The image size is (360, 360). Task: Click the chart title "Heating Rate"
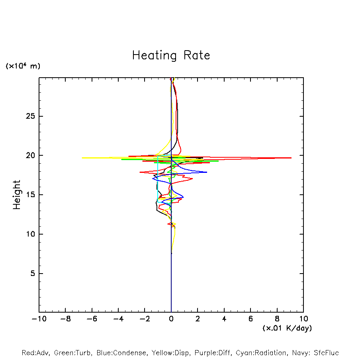(x=171, y=55)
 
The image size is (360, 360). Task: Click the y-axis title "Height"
(x=17, y=195)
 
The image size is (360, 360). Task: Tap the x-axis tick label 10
(x=303, y=319)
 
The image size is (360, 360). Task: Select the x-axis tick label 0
(x=171, y=319)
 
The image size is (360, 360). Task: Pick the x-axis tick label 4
(x=224, y=319)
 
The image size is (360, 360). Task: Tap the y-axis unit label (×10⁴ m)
(x=23, y=66)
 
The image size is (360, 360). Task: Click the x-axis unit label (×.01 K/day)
(x=287, y=328)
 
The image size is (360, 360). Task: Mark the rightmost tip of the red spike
(x=291, y=158)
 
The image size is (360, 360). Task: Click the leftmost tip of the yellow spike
(x=82, y=158)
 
